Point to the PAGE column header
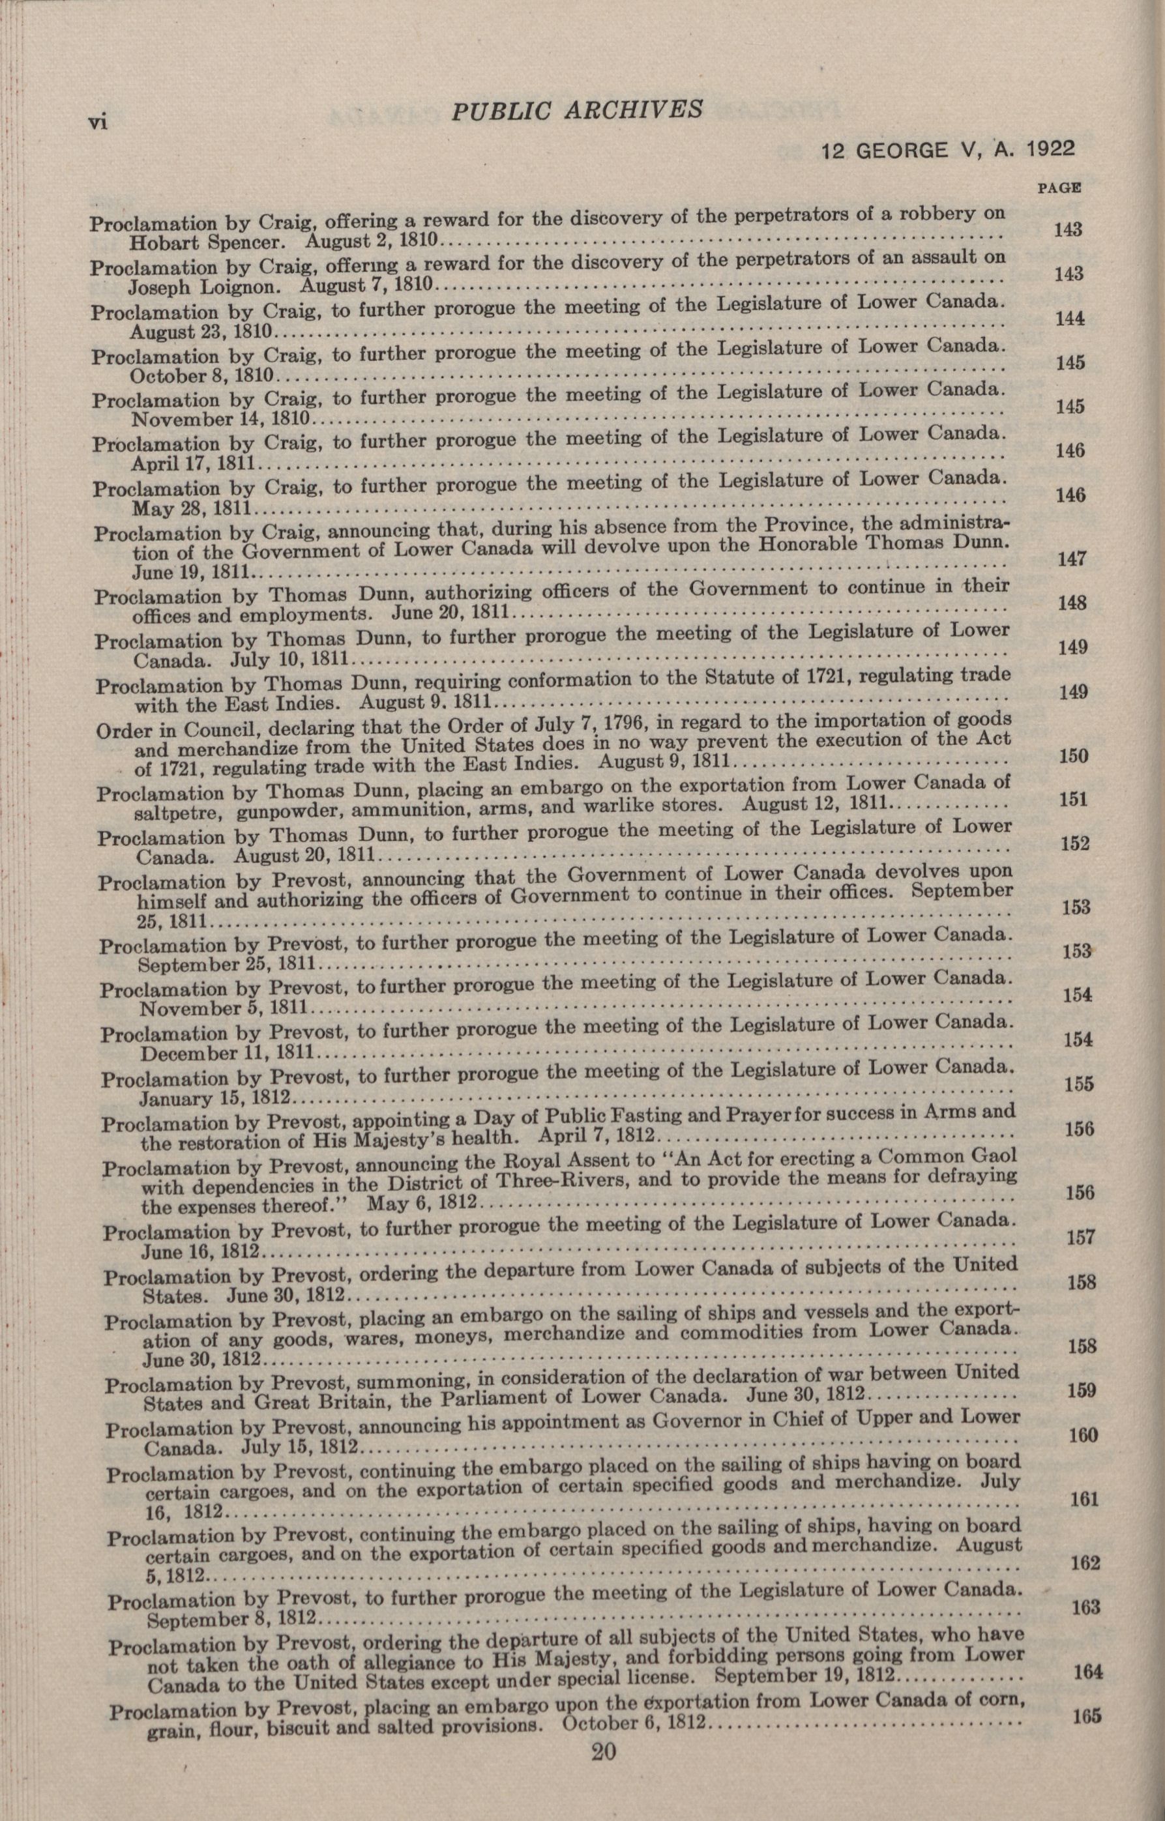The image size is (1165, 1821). click(1057, 188)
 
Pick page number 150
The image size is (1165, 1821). click(1074, 755)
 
